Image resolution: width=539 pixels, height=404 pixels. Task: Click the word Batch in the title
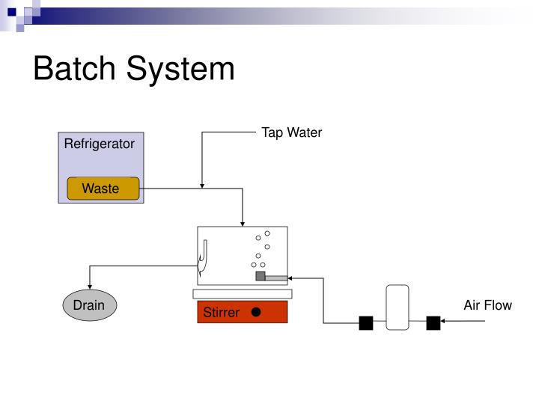[74, 69]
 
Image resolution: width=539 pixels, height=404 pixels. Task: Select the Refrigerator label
[99, 144]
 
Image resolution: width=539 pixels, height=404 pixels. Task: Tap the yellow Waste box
[103, 189]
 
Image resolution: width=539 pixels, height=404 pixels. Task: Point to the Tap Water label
[291, 132]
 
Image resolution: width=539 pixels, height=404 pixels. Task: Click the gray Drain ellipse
[89, 305]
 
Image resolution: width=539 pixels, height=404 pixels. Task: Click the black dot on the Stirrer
[256, 311]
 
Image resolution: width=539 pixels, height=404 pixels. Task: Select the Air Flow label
[487, 304]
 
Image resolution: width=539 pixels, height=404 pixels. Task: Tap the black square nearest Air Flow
[433, 323]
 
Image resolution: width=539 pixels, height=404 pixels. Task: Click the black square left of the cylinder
[365, 323]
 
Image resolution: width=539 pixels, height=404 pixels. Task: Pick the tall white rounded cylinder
[397, 307]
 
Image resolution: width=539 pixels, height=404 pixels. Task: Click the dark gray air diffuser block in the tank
[261, 276]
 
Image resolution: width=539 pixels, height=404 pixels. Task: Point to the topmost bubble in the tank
[267, 233]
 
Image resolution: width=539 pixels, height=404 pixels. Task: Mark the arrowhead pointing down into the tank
[243, 223]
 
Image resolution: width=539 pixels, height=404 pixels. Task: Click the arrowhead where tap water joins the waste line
[202, 186]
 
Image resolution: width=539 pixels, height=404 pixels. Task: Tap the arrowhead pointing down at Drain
[90, 292]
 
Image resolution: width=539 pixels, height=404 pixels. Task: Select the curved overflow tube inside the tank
[203, 258]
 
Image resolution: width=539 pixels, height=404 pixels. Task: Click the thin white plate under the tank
[242, 293]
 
